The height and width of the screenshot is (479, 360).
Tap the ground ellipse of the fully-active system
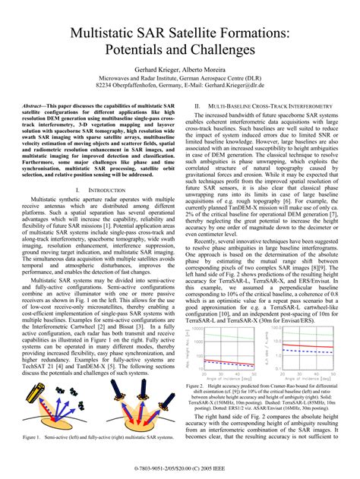pos(144,424)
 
